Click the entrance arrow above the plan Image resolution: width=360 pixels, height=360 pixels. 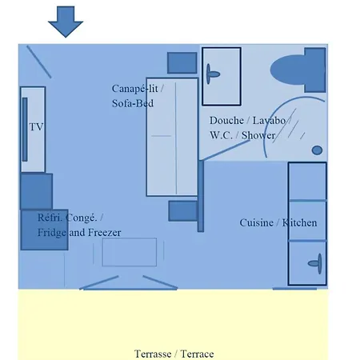pos(66,22)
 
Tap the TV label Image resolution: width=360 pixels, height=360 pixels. pos(36,127)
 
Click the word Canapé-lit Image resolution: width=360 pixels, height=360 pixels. pos(135,89)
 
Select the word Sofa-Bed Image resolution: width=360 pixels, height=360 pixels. pos(133,103)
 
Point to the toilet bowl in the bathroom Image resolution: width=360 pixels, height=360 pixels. pos(288,70)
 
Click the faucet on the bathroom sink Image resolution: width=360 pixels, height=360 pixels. pos(213,74)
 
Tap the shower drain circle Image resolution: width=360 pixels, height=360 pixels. pos(317,150)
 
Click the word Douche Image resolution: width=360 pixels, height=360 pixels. pos(226,121)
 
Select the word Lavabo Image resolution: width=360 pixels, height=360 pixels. pos(269,121)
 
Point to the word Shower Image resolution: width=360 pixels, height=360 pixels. pos(258,135)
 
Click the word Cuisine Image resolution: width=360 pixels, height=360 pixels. pos(257,222)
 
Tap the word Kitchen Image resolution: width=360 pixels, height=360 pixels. pos(300,222)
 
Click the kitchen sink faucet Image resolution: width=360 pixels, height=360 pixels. pos(315,263)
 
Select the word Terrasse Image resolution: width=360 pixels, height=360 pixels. pos(153,354)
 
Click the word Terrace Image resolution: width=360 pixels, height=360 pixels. pos(197,354)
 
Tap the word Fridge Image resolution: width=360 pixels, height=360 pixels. pos(52,233)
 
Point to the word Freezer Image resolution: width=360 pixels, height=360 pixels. pos(104,233)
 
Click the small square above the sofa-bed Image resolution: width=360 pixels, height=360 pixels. pos(182,62)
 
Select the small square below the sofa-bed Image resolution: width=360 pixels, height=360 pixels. pos(183,211)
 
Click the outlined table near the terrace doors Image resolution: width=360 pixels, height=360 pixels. pos(130,252)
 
